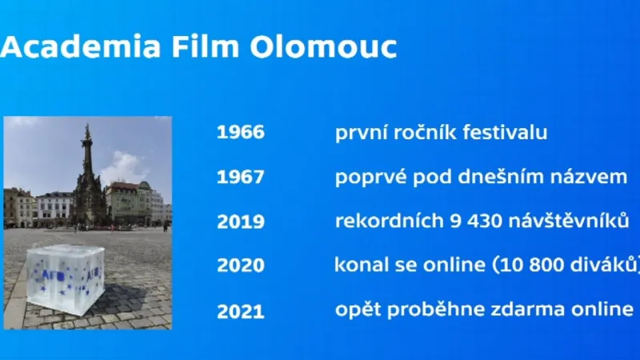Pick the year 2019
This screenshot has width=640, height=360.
tap(240, 222)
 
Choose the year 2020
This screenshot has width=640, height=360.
tap(240, 266)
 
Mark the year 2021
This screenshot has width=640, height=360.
tap(240, 310)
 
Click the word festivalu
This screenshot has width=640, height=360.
tap(505, 133)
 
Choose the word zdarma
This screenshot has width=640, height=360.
tap(518, 310)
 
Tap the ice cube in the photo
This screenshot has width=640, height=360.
tap(66, 277)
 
